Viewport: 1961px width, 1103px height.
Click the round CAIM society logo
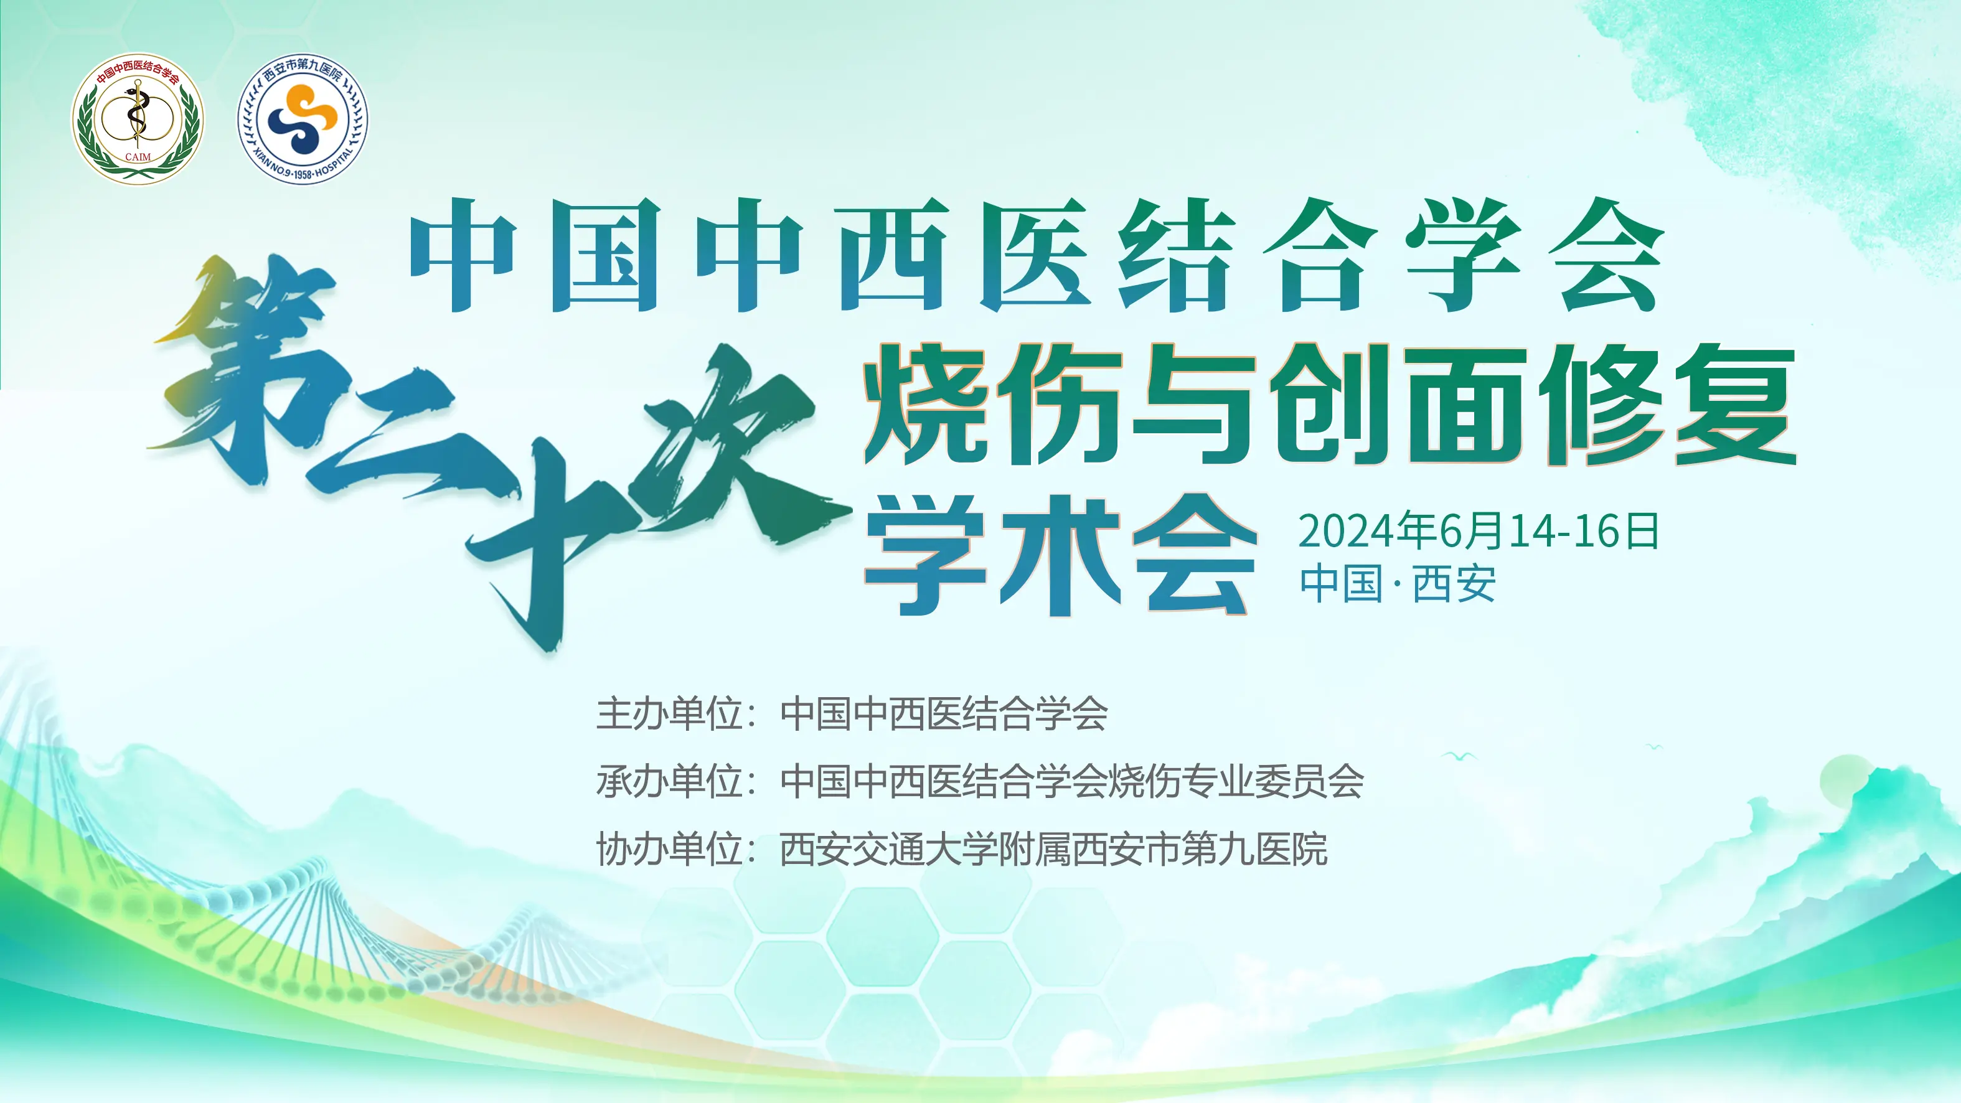[138, 118]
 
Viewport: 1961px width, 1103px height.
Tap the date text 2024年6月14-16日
[1479, 530]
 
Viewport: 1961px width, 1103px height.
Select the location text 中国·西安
[1398, 584]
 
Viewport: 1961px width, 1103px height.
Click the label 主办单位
[669, 714]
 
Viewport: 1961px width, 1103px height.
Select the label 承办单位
[669, 782]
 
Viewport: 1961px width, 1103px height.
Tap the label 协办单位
[669, 850]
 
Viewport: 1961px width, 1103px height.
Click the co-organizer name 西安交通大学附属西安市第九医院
[1053, 850]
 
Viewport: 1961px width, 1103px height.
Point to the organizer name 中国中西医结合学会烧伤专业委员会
[1072, 782]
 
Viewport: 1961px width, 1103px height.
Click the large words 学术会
[1060, 555]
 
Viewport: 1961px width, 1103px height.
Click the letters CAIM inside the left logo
[138, 157]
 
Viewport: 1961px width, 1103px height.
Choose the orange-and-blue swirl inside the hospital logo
[303, 118]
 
